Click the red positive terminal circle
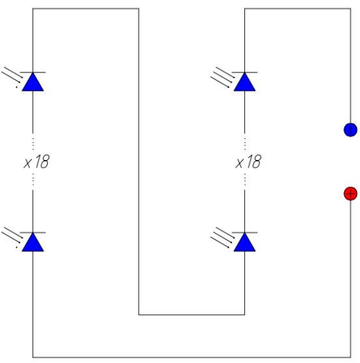[350, 193]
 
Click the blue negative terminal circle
[350, 130]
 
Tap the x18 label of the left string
[37, 161]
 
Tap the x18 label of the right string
[248, 161]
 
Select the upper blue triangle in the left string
[33, 82]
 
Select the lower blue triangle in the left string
[33, 242]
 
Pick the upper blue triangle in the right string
[244, 82]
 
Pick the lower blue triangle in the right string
[244, 242]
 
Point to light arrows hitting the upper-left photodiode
[12, 77]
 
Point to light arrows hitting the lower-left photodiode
[12, 237]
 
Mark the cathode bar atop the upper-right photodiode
[244, 72]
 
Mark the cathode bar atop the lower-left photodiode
[33, 232]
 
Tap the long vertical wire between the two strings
[139, 161]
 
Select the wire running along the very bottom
[192, 358]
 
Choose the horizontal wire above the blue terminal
[298, 9]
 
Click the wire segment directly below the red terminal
[350, 279]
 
